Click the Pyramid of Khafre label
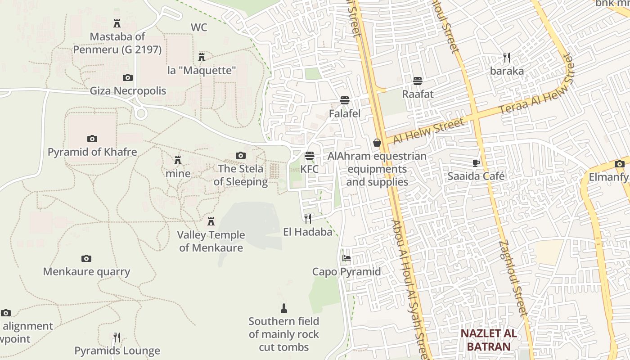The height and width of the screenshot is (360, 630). click(x=92, y=152)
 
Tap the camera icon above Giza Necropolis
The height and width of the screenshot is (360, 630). click(x=128, y=77)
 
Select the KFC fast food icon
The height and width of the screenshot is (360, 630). click(x=309, y=156)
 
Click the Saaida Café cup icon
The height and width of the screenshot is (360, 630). click(x=476, y=163)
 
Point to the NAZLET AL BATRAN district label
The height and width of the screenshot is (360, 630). click(x=488, y=340)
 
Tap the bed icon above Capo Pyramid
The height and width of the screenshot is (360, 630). click(x=346, y=258)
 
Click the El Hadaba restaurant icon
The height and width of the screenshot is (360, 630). click(x=308, y=219)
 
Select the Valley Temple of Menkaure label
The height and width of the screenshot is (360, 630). click(x=211, y=241)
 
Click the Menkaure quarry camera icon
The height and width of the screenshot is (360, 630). click(x=86, y=258)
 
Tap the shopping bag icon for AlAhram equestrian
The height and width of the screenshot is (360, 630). click(x=377, y=143)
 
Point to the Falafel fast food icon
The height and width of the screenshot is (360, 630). click(x=345, y=100)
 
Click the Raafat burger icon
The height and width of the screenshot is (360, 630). click(x=418, y=81)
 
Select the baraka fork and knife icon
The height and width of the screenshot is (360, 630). click(x=507, y=58)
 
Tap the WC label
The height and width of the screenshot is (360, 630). click(x=199, y=27)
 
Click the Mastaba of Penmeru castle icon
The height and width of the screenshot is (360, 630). click(x=117, y=23)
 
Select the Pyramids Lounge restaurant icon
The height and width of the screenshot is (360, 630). click(x=117, y=337)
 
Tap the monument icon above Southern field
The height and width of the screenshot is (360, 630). click(x=283, y=308)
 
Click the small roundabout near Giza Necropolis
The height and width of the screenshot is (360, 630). click(x=141, y=113)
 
